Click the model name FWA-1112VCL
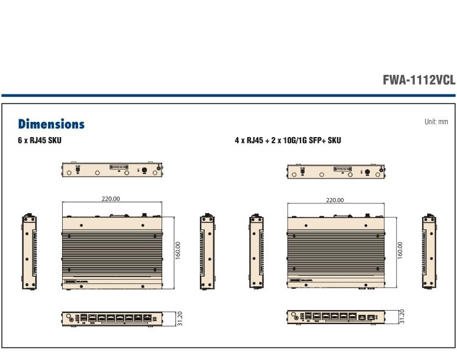point(418,80)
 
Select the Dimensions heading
point(51,124)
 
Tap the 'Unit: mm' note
point(436,122)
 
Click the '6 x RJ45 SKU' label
point(40,141)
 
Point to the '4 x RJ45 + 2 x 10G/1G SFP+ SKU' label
point(288,141)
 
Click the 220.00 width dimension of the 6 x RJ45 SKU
point(110,199)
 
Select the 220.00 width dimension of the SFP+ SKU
point(335,200)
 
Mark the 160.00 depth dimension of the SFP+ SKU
point(400,250)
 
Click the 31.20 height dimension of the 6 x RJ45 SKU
point(179,318)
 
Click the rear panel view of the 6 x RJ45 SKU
point(112,170)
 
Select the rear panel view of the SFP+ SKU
point(336,171)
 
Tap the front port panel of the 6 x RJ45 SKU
point(112,318)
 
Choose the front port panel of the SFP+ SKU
point(336,317)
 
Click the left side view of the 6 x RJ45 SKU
point(27,251)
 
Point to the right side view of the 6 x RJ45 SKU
point(205,251)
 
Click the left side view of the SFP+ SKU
point(255,251)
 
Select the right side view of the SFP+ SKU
point(428,251)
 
